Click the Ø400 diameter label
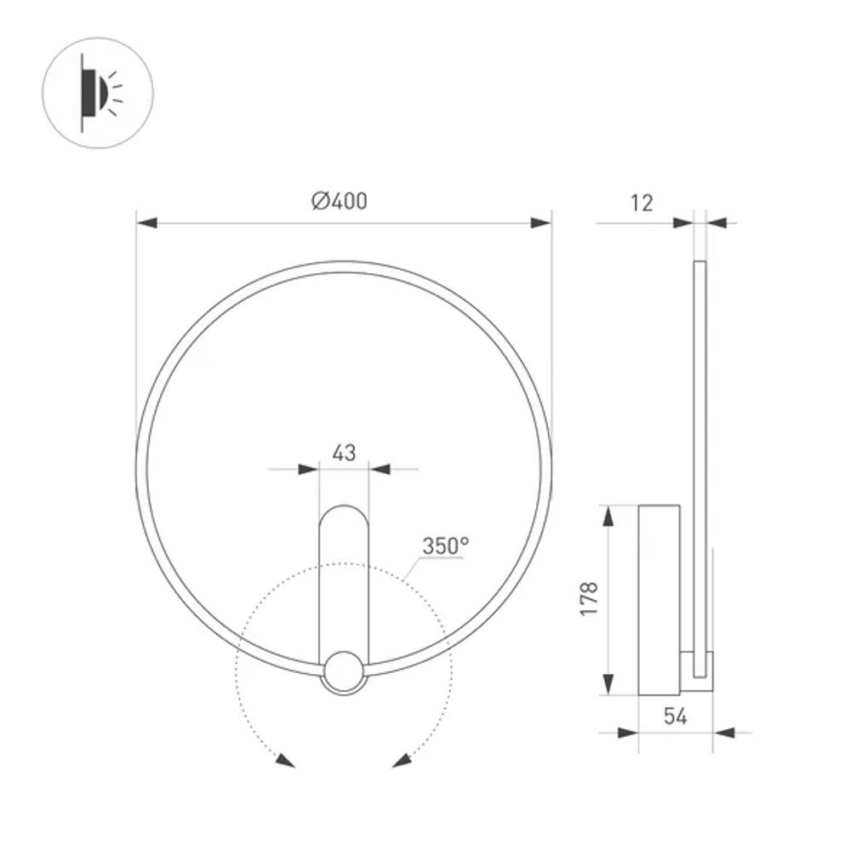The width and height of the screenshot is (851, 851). [x=340, y=202]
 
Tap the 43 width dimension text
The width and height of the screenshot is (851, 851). [x=344, y=453]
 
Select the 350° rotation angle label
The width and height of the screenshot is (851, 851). [x=446, y=546]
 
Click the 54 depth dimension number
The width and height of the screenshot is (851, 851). [x=675, y=717]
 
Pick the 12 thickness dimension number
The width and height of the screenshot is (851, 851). [x=643, y=203]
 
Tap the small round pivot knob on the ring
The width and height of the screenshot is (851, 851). [x=344, y=671]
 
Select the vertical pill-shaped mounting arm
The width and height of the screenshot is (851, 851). [x=344, y=579]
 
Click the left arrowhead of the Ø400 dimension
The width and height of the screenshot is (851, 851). [x=147, y=223]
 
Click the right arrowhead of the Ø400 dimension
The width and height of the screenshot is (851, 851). [x=540, y=223]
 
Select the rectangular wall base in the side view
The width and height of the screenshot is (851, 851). [x=659, y=599]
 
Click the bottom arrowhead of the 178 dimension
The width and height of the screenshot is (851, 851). [x=608, y=684]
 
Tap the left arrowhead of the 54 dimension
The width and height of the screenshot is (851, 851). [x=628, y=732]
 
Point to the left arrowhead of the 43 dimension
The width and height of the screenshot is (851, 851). [x=308, y=469]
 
